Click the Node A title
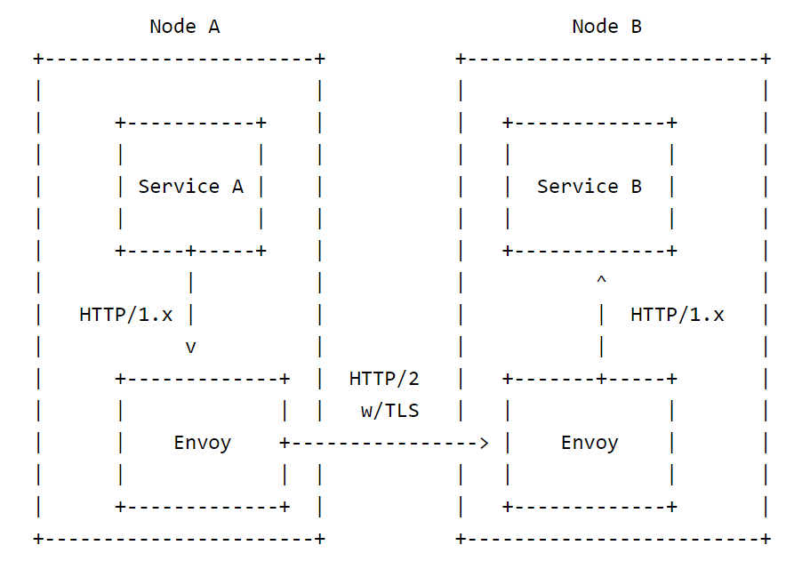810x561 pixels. click(x=184, y=27)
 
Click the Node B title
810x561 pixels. click(x=606, y=27)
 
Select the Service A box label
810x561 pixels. click(x=190, y=187)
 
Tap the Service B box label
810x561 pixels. click(x=589, y=187)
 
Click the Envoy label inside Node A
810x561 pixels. click(x=202, y=443)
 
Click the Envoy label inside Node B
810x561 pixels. click(x=589, y=443)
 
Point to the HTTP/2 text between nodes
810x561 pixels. click(x=383, y=379)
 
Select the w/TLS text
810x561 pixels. click(x=389, y=411)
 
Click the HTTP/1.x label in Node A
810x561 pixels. click(x=125, y=315)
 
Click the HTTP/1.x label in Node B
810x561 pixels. click(x=677, y=315)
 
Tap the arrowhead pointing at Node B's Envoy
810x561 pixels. click(x=484, y=443)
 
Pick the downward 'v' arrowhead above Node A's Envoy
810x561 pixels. click(x=190, y=348)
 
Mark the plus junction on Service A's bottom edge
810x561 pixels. click(x=190, y=251)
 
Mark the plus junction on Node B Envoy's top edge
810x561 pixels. click(x=601, y=379)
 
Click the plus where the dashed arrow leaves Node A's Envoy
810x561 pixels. click(x=285, y=443)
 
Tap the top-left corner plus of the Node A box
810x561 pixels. click(x=38, y=59)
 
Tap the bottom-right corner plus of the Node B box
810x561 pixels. click(x=766, y=539)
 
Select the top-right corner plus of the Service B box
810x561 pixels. click(x=672, y=123)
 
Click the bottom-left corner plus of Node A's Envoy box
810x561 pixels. click(x=120, y=507)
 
